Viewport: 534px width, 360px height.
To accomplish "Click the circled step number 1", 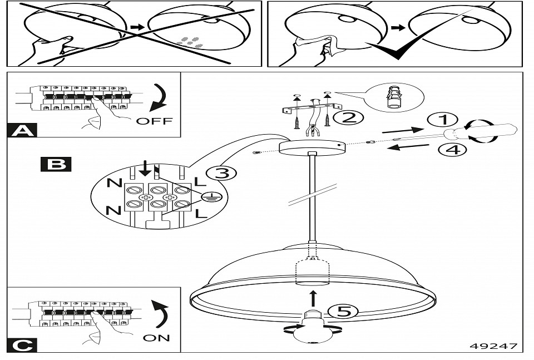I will pos(442,120).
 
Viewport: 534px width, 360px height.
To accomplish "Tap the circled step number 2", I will pos(352,117).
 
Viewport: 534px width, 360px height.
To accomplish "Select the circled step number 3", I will pos(221,173).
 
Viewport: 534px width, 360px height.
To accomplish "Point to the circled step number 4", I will pos(451,149).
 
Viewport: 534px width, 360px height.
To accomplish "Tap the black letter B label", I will pos(56,164).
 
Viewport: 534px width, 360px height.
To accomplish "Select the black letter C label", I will pos(22,346).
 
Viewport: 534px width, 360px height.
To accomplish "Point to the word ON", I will pos(156,338).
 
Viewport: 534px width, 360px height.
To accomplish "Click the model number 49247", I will pos(494,346).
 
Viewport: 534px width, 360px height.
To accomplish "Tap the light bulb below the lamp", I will pos(313,329).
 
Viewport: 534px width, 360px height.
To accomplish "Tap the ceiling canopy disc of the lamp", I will pos(312,148).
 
